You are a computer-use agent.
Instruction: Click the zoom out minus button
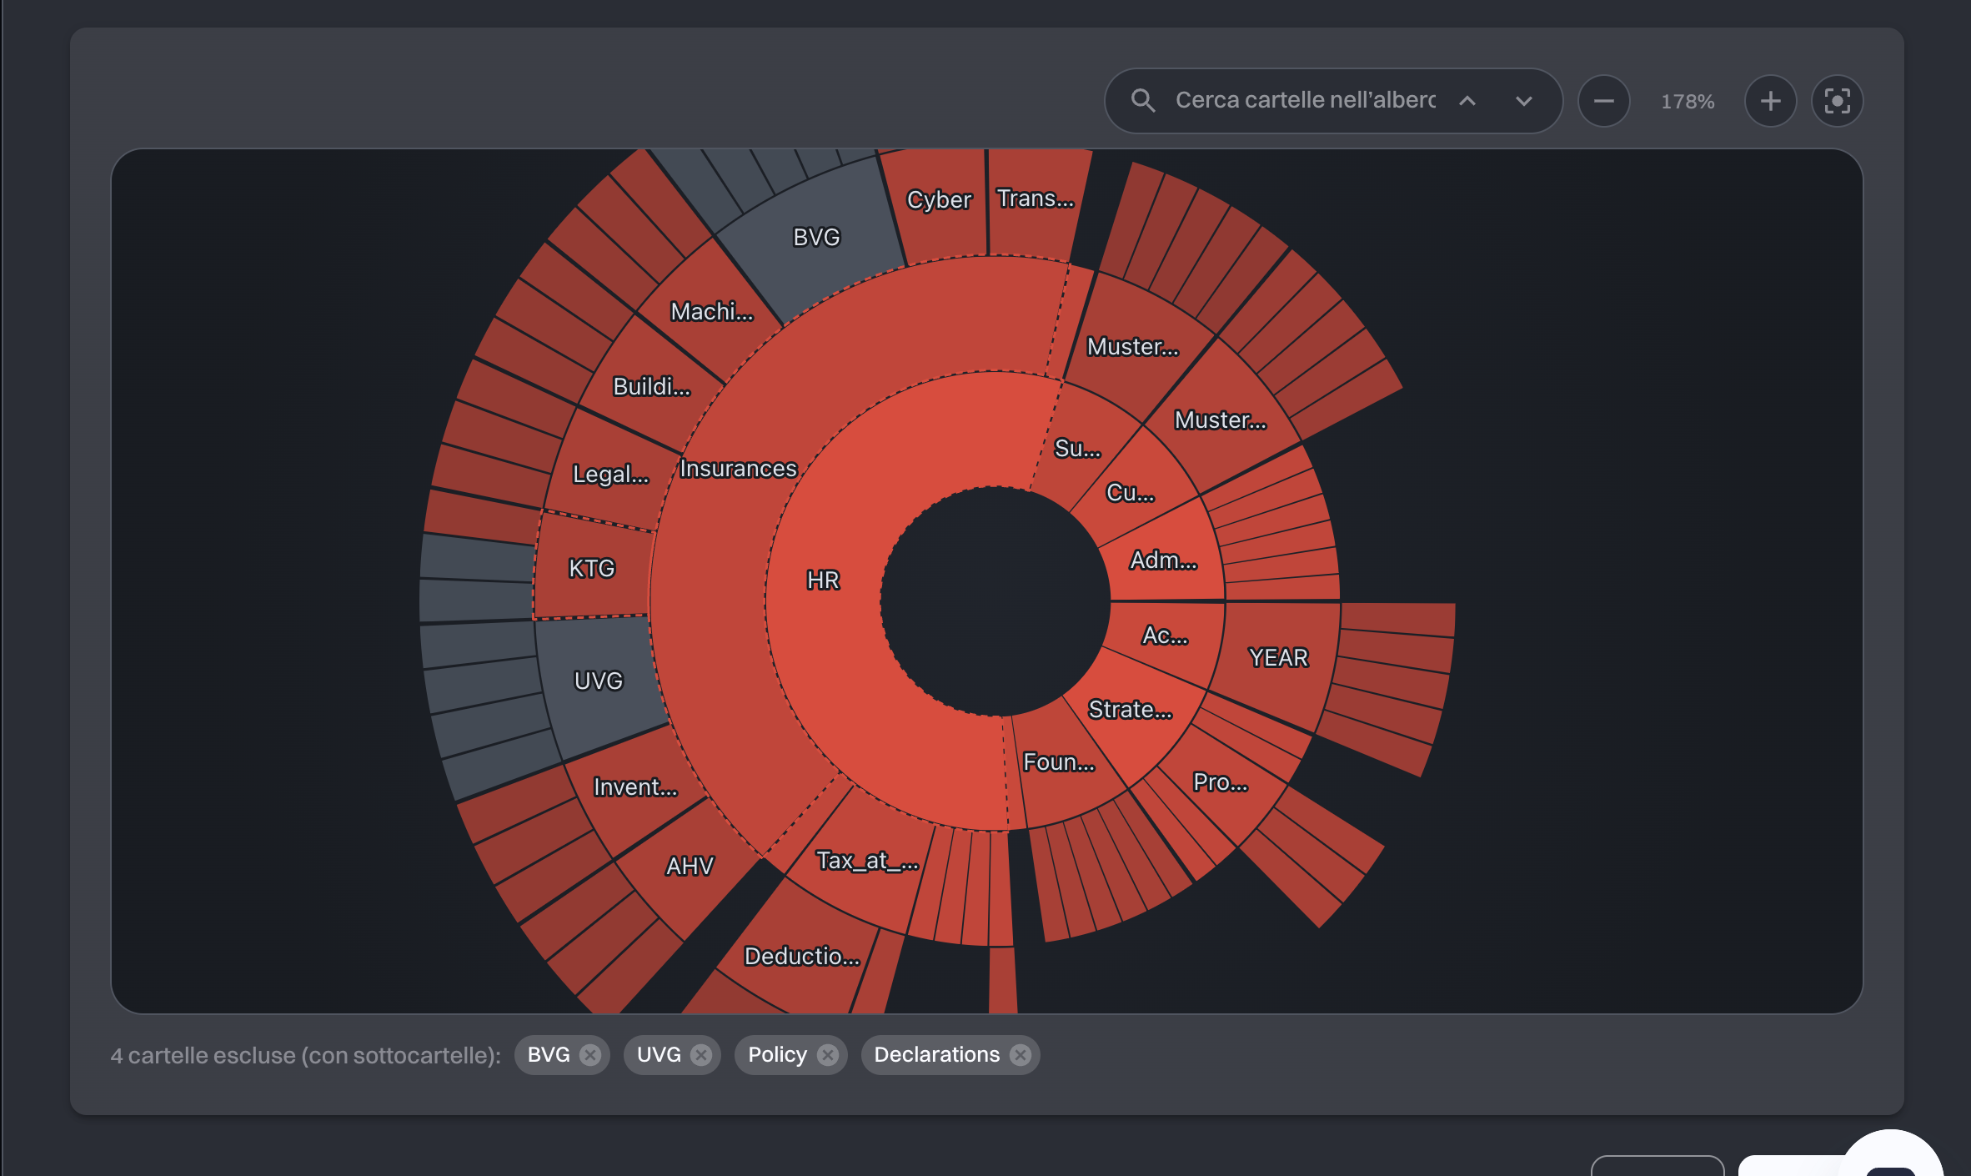click(x=1603, y=101)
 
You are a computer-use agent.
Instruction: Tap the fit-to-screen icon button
click(x=1837, y=101)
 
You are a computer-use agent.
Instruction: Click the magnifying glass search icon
click(x=1142, y=101)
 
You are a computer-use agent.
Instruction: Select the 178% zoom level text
click(x=1688, y=102)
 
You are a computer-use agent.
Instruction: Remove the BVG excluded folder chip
click(x=590, y=1055)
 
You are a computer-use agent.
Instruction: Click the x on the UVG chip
click(x=702, y=1055)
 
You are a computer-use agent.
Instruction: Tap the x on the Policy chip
click(x=828, y=1055)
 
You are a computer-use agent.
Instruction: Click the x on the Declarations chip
click(x=1021, y=1055)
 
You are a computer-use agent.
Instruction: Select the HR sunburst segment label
click(x=823, y=580)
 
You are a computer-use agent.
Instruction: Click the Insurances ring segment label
click(x=739, y=469)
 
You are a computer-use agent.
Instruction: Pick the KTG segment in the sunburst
click(x=592, y=568)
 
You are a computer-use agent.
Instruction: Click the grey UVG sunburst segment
click(x=599, y=681)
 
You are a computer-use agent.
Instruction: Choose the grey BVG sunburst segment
click(x=816, y=238)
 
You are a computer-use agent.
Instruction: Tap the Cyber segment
click(x=939, y=200)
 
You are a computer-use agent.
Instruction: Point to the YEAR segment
click(x=1278, y=658)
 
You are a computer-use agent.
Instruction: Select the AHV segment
click(x=690, y=867)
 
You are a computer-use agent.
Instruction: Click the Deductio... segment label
click(x=802, y=956)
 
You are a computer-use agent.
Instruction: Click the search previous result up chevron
click(x=1467, y=101)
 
